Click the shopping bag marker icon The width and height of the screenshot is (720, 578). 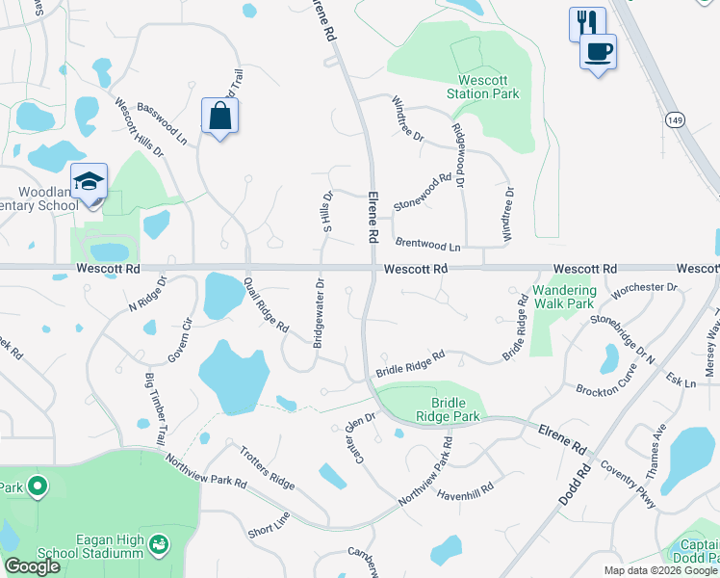tap(220, 117)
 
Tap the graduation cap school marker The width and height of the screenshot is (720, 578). tap(89, 181)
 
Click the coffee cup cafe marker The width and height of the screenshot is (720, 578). tap(598, 51)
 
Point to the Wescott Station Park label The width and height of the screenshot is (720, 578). tap(482, 86)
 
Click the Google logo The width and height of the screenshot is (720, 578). tap(33, 566)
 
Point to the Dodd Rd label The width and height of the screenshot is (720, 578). tap(575, 487)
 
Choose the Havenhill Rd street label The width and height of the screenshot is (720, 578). tap(465, 488)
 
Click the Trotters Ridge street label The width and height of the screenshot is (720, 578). tap(267, 466)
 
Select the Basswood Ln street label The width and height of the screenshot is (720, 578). tap(162, 124)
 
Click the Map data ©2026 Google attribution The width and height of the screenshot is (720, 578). tap(660, 570)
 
